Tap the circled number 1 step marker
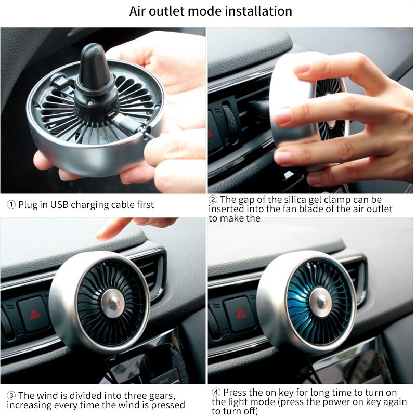[x=11, y=205]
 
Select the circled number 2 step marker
[x=213, y=200]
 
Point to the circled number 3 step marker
[x=11, y=396]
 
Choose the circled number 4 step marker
[x=216, y=392]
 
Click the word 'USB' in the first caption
[x=60, y=205]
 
